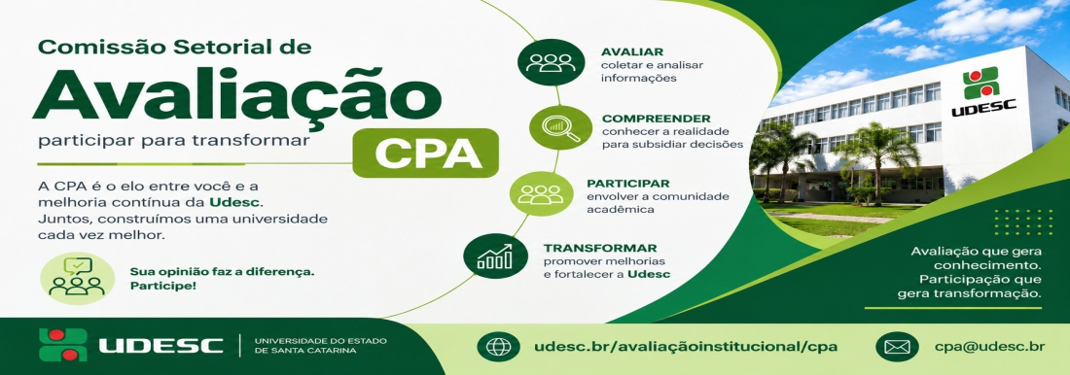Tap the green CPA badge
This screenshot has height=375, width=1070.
point(426,153)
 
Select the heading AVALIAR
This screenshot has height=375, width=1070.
point(632,51)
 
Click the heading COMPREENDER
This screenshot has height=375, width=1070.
point(656,118)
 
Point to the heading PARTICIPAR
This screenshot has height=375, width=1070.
point(627,184)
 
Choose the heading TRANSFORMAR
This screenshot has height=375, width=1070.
point(600,248)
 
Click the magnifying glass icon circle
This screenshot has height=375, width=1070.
point(561,127)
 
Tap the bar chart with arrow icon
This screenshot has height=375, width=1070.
point(495,256)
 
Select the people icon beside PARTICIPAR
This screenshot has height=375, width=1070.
point(541,193)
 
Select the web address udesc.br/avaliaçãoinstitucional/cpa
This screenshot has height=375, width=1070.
point(687,347)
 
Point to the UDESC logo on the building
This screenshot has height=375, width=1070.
point(982,90)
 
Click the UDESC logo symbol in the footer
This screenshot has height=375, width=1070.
point(63,344)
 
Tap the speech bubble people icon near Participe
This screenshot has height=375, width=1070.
point(77,276)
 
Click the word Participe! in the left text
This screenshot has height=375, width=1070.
point(163,286)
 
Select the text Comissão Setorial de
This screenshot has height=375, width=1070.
point(175,47)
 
